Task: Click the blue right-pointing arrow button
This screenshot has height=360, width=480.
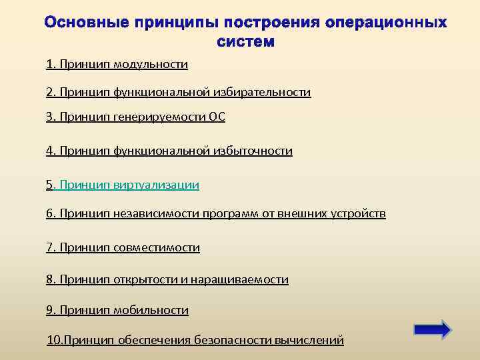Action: coord(432,329)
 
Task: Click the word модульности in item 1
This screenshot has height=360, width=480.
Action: coord(151,64)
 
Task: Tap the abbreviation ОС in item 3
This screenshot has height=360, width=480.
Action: coord(217,117)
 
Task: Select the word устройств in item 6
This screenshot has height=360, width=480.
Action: coord(360,213)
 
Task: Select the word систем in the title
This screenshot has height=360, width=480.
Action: coord(245,41)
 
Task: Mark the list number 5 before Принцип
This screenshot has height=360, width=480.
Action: coord(49,185)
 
